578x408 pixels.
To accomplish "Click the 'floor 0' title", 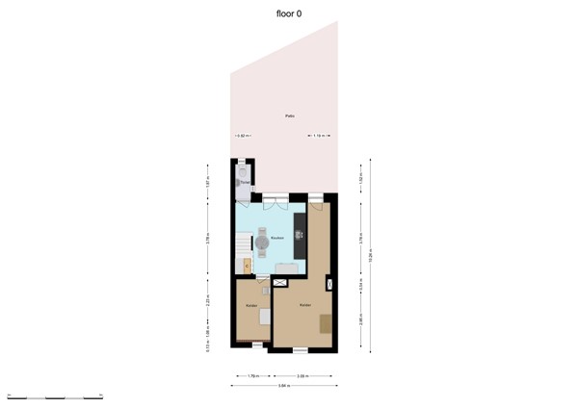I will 289,13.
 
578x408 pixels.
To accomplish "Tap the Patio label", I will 289,115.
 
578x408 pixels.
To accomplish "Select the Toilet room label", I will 245,181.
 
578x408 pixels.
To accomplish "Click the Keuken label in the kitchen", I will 276,238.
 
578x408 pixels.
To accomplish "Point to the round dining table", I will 263,238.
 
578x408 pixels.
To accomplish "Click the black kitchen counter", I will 300,235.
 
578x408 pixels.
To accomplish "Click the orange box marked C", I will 248,266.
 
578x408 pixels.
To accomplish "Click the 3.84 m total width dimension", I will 284,386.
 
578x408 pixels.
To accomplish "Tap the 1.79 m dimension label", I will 252,375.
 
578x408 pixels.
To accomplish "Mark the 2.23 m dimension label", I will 209,302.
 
